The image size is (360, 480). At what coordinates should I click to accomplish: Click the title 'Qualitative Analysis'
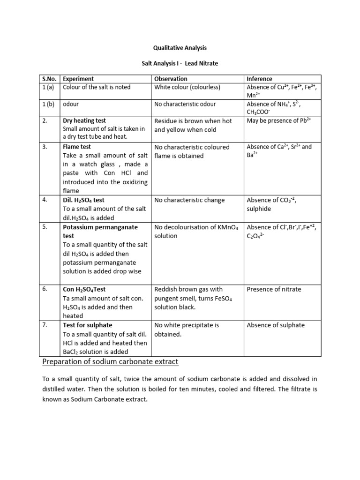coord(180,48)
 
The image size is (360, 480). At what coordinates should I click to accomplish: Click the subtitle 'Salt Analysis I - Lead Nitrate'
coord(180,63)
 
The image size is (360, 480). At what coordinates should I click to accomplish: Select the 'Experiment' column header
coord(78,79)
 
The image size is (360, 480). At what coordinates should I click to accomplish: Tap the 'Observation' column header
coord(171,79)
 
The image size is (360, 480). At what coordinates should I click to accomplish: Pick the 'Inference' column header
coord(259,79)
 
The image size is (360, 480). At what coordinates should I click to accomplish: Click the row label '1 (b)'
coord(47,104)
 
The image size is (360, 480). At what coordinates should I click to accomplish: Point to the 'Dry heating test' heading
coord(84,120)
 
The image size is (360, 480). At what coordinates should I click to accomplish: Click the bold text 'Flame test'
coord(77,147)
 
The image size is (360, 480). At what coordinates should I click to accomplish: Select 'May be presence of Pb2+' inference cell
coord(279,120)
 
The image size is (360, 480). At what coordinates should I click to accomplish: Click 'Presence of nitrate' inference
coord(274,289)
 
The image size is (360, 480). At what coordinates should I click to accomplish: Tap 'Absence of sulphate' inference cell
coord(275,325)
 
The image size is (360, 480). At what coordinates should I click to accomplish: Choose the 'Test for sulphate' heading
coord(88,325)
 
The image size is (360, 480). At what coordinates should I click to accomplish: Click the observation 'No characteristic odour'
coord(185,104)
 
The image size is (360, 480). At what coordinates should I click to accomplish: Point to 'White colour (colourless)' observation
coord(187,87)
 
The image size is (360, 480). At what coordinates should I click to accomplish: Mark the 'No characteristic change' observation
coord(189,200)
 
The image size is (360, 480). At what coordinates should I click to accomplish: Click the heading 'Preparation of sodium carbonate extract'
coord(110,362)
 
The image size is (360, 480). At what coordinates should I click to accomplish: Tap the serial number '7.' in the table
coord(45,325)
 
